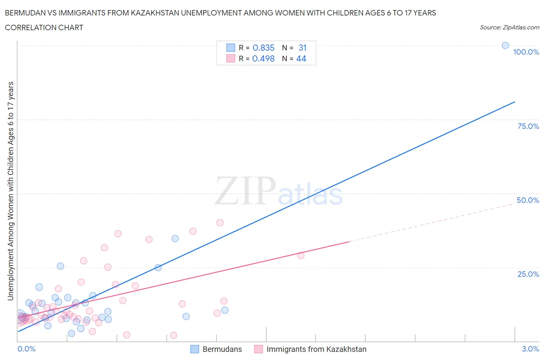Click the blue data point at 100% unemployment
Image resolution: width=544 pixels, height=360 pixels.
click(505, 45)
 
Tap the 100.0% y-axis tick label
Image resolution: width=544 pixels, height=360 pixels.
click(526, 52)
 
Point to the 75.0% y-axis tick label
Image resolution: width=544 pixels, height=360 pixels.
click(528, 126)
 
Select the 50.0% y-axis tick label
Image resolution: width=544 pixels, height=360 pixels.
click(528, 200)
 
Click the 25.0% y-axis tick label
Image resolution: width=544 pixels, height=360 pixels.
click(528, 274)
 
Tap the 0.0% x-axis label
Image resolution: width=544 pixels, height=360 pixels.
click(26, 349)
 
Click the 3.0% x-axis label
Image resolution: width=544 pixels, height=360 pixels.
click(530, 349)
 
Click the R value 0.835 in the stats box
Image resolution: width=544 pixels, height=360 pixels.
click(263, 48)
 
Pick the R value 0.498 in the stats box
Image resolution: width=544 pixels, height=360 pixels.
click(263, 58)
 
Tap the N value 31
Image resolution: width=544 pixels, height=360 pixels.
click(303, 48)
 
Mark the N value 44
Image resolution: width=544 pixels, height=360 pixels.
click(301, 58)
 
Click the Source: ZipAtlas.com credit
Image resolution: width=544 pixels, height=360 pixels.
click(509, 27)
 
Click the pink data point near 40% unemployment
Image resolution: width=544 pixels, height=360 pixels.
click(220, 223)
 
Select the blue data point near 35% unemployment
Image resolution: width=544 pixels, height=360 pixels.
click(175, 238)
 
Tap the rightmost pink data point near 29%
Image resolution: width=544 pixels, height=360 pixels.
click(301, 255)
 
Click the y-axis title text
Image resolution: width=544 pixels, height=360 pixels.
click(10, 191)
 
